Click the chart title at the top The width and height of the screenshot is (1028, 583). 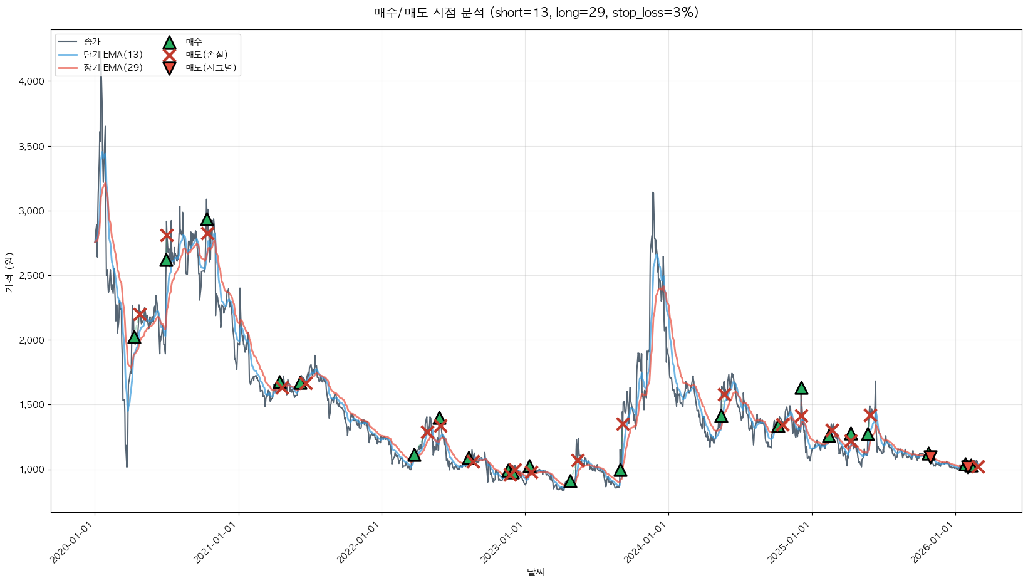(x=536, y=13)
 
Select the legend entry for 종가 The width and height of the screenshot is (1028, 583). (x=92, y=41)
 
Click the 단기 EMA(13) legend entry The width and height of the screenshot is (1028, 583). (x=113, y=55)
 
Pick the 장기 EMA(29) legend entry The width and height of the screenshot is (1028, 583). (x=113, y=68)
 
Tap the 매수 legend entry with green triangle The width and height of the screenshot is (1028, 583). (x=194, y=42)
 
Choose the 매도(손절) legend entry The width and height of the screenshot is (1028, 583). (x=206, y=55)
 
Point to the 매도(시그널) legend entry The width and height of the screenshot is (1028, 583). (x=210, y=68)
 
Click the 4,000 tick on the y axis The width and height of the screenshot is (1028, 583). (x=31, y=81)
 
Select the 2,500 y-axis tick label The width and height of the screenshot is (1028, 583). (x=31, y=276)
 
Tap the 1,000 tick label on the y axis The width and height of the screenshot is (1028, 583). (x=31, y=470)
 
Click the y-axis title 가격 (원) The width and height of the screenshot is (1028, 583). (x=9, y=272)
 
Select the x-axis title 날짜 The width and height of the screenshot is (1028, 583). (x=536, y=572)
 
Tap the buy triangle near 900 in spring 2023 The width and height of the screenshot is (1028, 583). (x=570, y=481)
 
